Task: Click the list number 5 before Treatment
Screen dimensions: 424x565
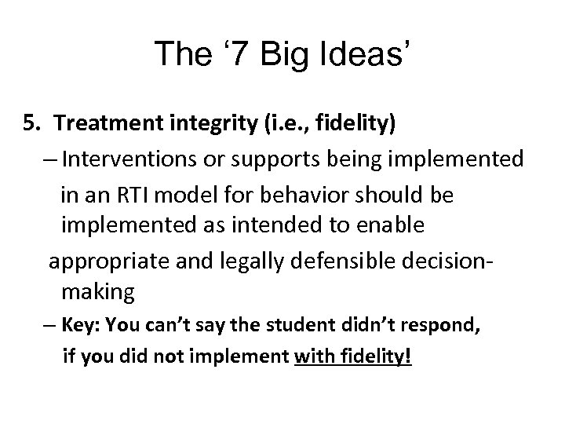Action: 30,123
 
